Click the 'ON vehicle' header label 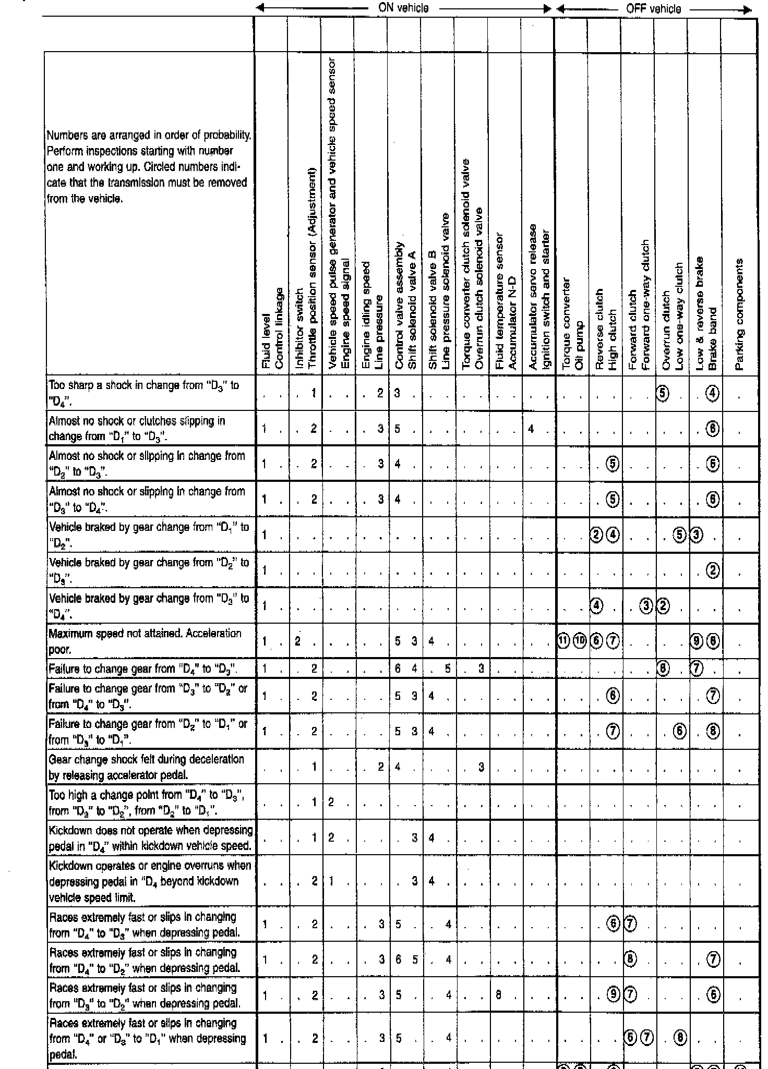(403, 8)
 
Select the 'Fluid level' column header (266, 342)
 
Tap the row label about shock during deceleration (146, 767)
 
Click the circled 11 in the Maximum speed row (564, 641)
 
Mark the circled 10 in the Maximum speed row (580, 641)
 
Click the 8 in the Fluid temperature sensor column (499, 995)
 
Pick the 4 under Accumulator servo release (531, 429)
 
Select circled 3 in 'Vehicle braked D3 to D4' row (646, 606)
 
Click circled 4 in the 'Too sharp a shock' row (713, 393)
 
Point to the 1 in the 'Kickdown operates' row (331, 881)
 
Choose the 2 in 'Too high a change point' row (331, 802)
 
